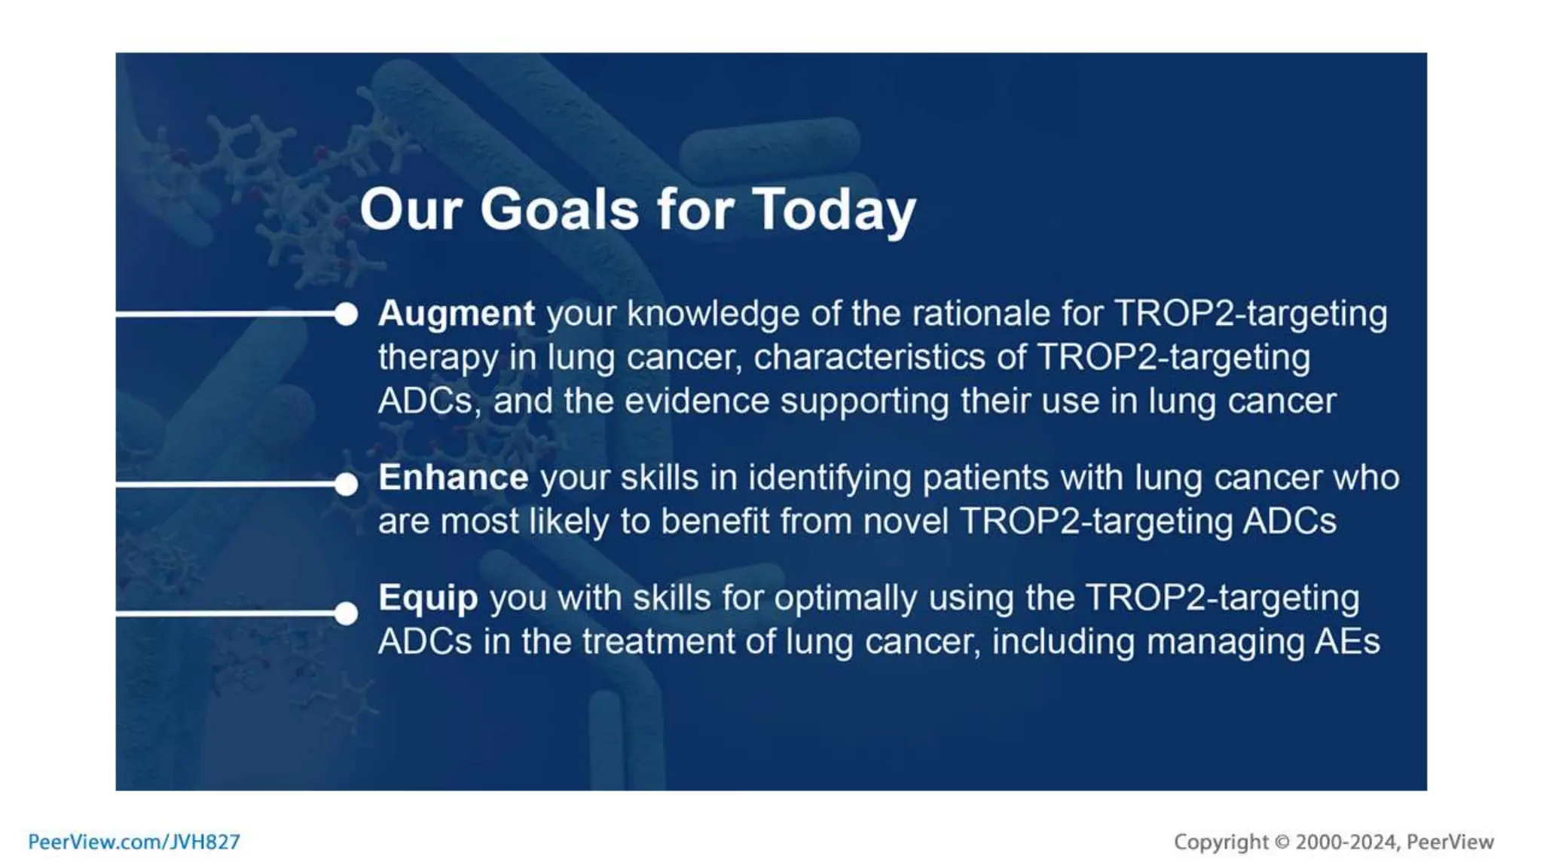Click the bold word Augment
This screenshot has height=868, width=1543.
pyautogui.click(x=457, y=313)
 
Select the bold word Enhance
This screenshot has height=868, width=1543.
pyautogui.click(x=453, y=478)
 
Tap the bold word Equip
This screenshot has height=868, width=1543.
pyautogui.click(x=428, y=598)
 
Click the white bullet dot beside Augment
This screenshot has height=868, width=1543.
pyautogui.click(x=346, y=314)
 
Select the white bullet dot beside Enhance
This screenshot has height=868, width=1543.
pyautogui.click(x=346, y=484)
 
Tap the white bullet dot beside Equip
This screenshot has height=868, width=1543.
pyautogui.click(x=346, y=613)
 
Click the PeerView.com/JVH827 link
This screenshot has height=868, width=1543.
pyautogui.click(x=134, y=842)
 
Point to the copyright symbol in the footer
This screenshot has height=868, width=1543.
pyautogui.click(x=1282, y=842)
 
